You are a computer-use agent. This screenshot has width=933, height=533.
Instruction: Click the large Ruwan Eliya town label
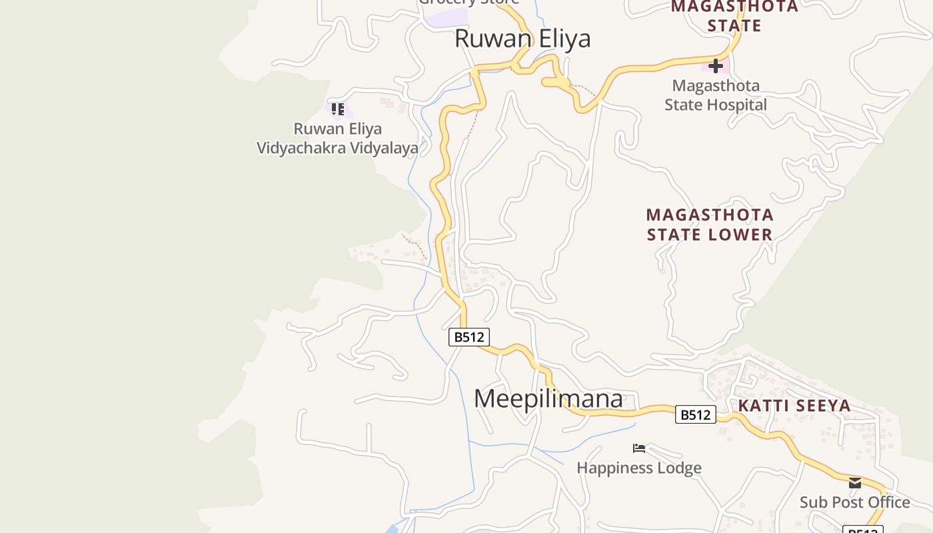[522, 39]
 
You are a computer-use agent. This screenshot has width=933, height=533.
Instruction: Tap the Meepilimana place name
[548, 398]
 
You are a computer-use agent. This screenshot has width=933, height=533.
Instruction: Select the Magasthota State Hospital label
[716, 95]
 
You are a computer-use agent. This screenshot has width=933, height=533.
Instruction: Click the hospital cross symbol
[716, 66]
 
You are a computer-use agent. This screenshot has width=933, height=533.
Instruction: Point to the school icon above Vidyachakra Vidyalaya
[338, 109]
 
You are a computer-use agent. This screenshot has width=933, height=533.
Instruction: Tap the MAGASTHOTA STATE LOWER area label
[710, 225]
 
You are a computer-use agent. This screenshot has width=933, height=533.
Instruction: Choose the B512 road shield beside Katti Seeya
[695, 414]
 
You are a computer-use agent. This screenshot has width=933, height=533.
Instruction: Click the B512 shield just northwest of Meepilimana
[468, 337]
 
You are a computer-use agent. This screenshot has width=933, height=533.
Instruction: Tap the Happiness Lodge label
[639, 468]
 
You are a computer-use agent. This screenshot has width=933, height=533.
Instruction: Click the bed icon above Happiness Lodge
[639, 448]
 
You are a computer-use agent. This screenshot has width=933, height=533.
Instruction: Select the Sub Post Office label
[855, 502]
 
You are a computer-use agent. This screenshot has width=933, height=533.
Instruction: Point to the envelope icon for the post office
[855, 483]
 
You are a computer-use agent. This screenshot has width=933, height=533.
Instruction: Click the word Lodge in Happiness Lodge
[681, 468]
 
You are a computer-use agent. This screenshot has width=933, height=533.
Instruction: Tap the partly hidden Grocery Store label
[468, 2]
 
